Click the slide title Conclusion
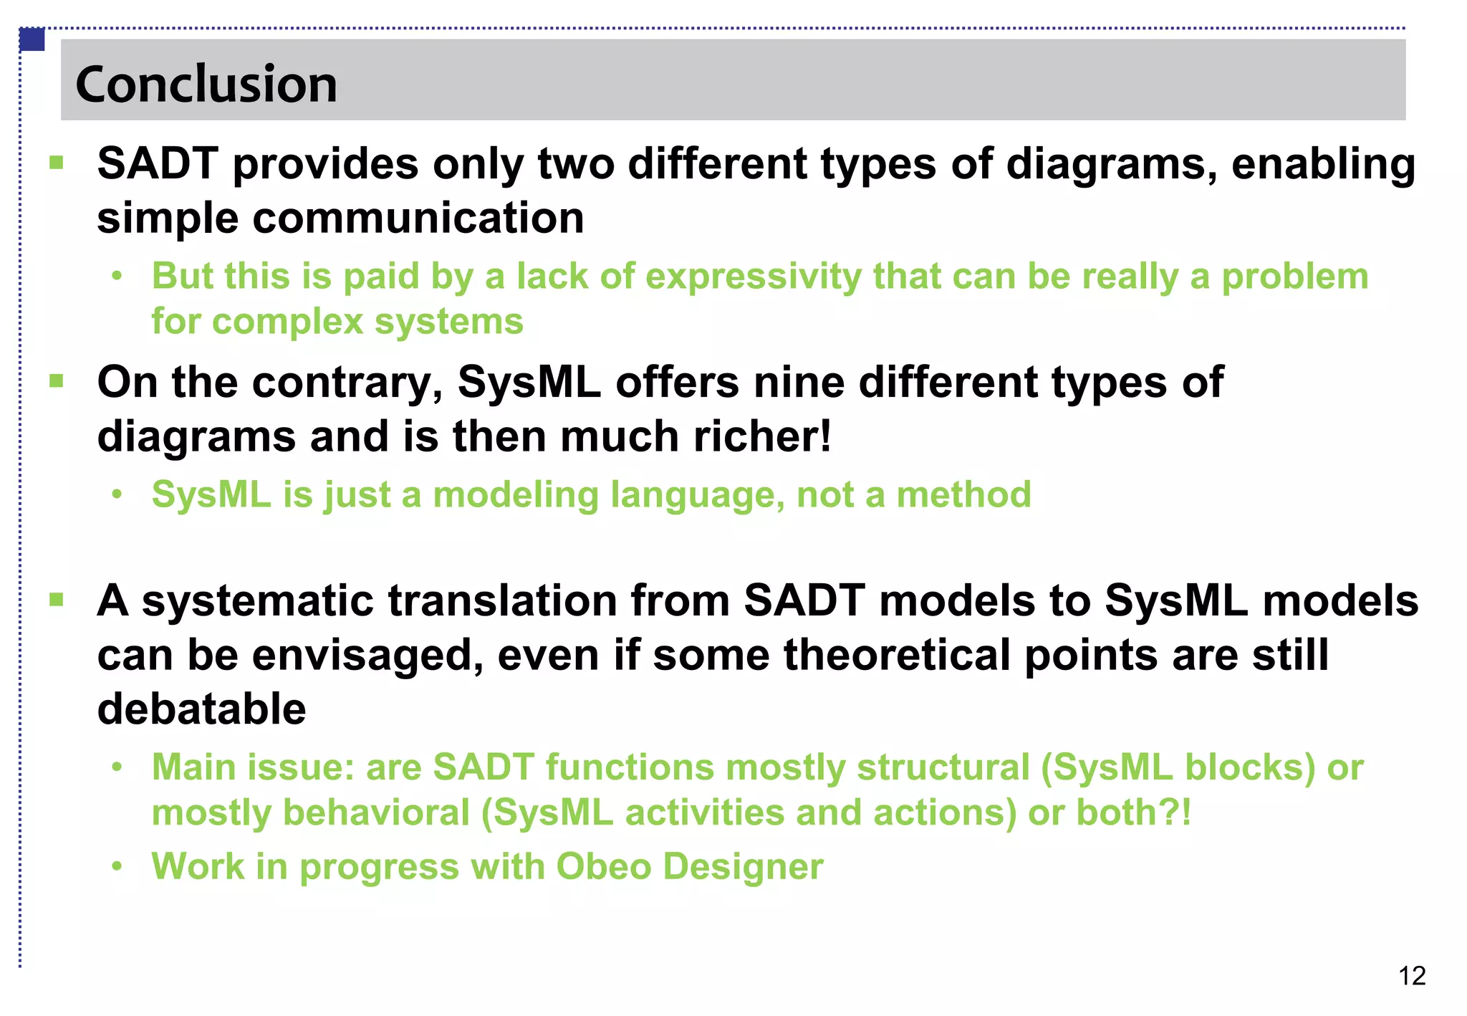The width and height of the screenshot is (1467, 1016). coord(206,84)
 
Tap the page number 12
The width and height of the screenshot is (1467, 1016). coord(1411,976)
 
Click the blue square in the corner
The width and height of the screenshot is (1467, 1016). coord(32,39)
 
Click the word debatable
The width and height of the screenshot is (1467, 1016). coord(201,709)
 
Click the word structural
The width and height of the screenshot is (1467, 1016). coord(943,767)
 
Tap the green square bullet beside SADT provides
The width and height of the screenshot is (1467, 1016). coord(57,163)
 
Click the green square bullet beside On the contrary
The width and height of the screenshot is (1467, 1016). coord(57,381)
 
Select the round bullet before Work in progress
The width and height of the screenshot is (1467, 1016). coord(117,867)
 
